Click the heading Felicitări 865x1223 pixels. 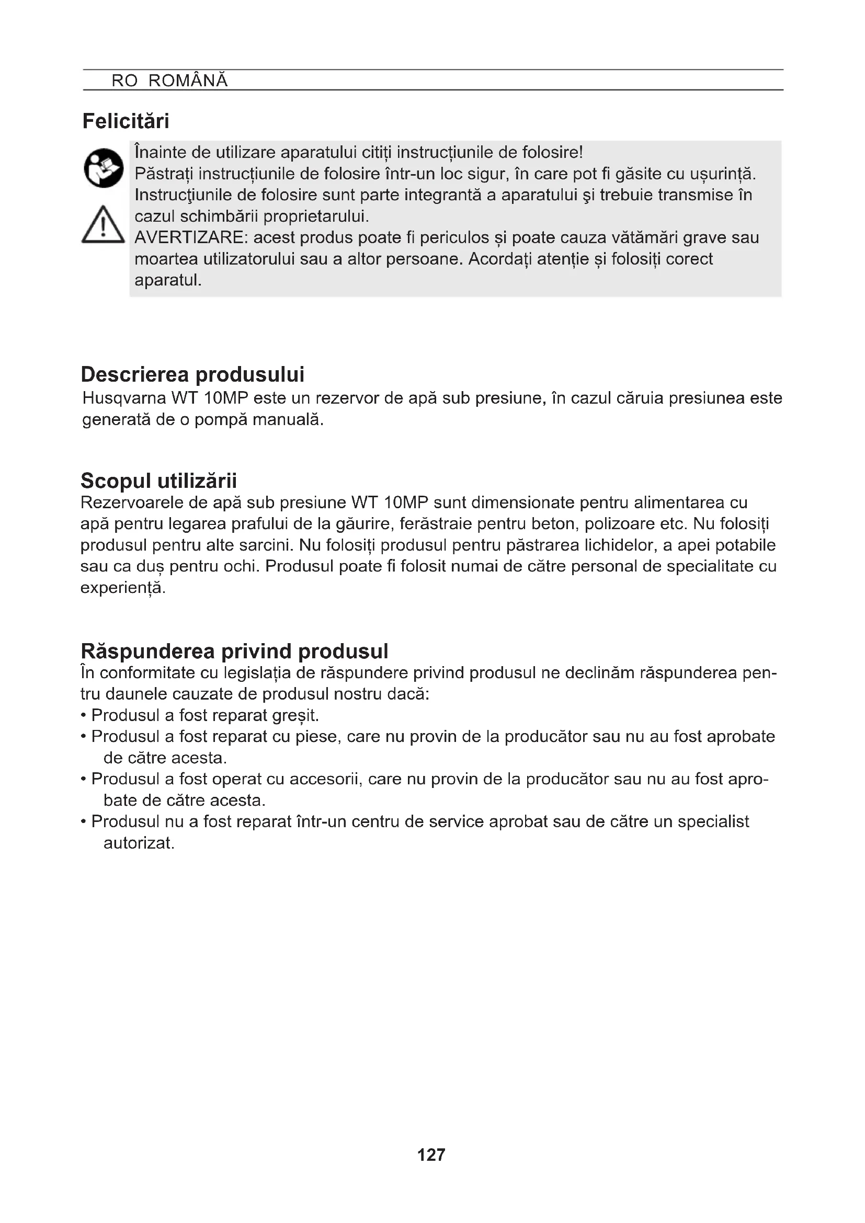pos(126,121)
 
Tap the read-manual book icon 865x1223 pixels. pos(104,168)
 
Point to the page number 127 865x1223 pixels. pos(431,1155)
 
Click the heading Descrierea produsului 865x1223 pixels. pos(192,374)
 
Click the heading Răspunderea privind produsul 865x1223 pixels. pos(234,651)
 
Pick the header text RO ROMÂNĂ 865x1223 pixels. pos(169,81)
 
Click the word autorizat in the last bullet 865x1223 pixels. pos(139,843)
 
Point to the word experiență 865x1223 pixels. pos(122,588)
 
